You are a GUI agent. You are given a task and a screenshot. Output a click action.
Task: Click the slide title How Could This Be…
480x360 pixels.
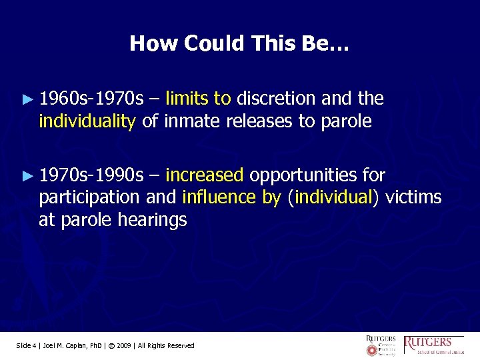point(239,44)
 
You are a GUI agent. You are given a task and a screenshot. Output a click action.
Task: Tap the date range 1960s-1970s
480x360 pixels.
point(91,99)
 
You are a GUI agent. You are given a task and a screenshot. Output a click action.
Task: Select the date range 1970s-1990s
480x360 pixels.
point(91,175)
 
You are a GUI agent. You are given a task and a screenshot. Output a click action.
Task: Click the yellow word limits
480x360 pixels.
point(187,99)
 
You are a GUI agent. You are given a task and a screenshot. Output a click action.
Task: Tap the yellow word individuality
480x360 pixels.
point(87,121)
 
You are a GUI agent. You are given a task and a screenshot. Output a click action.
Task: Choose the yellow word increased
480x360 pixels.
point(204,175)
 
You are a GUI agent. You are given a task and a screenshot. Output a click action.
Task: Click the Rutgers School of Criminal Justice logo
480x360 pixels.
point(437,345)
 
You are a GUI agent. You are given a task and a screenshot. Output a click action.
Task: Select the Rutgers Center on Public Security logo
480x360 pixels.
point(381,345)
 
